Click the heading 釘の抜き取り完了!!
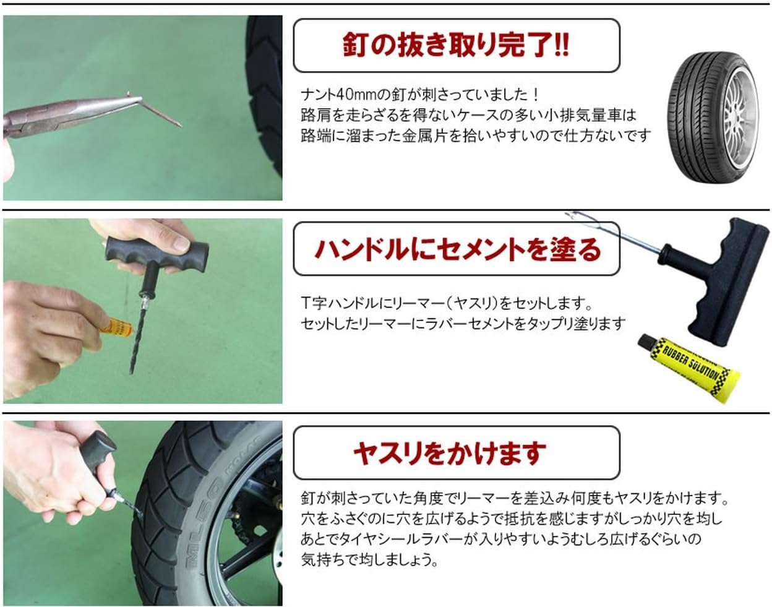tap(456, 46)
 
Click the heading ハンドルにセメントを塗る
tap(457, 249)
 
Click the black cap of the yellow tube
tap(647, 342)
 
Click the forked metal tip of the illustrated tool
tap(578, 218)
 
